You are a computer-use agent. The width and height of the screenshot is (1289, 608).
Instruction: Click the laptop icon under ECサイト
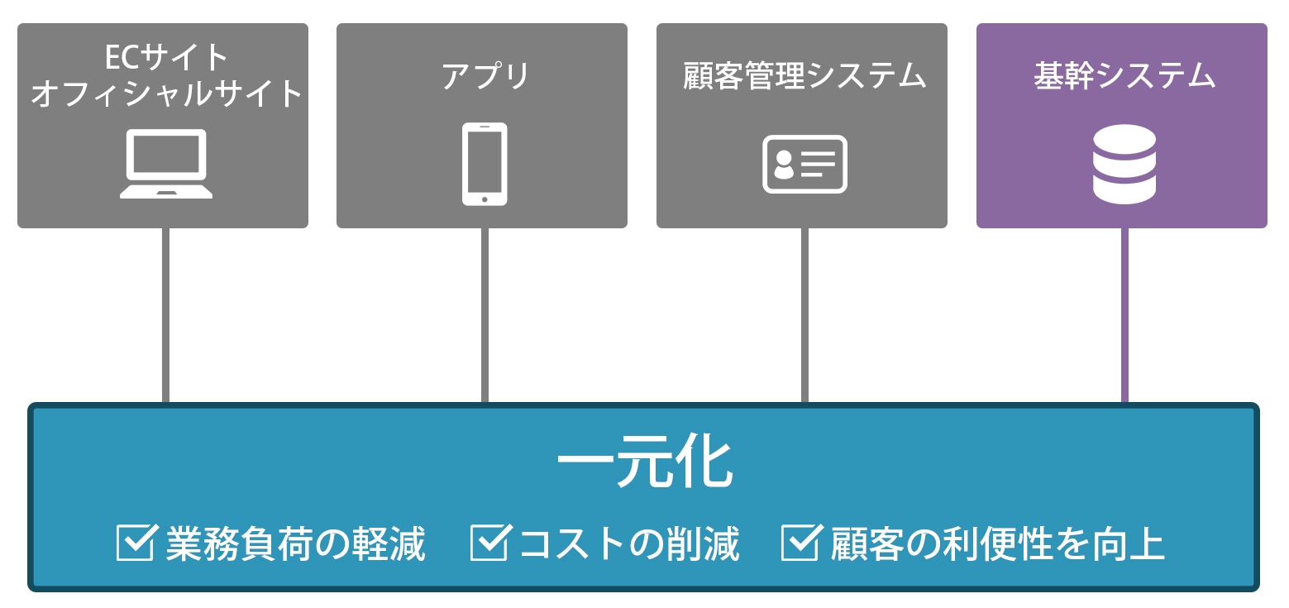coord(166,164)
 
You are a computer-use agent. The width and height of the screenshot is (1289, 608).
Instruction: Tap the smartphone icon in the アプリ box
coord(485,164)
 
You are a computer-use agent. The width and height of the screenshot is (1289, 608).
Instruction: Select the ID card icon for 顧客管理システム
coord(804,164)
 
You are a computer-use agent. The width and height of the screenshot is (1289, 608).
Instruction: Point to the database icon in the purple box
coord(1124,164)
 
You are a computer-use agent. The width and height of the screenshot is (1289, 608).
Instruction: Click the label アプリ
coord(485,76)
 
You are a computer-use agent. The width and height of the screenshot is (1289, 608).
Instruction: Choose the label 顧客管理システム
coord(804,76)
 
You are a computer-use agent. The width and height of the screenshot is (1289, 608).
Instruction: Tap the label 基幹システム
coord(1124,76)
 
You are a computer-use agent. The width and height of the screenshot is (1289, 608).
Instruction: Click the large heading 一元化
coord(645,463)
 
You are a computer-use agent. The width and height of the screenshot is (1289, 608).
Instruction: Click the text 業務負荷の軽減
coord(295,544)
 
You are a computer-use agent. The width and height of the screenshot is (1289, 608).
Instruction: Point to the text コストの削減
coord(628,544)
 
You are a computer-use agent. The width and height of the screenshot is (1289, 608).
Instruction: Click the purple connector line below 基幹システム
coord(1124,314)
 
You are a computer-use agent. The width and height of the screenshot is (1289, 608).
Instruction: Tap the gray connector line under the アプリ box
coord(485,314)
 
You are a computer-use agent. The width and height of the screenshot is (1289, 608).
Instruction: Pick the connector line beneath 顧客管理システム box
coord(804,314)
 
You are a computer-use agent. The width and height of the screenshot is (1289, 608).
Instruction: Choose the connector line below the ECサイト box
coord(165,314)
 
